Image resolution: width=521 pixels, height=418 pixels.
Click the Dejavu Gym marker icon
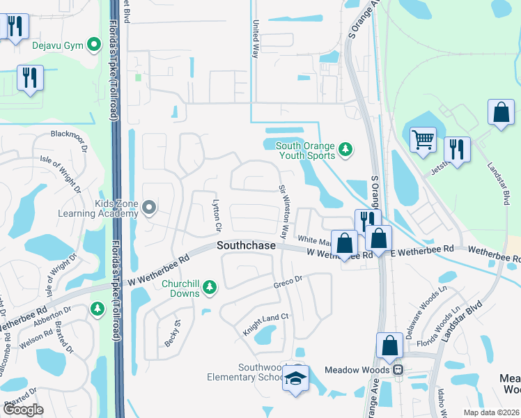tap(92, 46)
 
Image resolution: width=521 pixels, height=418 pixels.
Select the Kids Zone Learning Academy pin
tap(149, 207)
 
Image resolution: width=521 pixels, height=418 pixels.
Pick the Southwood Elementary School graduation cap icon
tap(296, 379)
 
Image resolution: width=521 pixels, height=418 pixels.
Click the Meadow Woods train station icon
tap(398, 370)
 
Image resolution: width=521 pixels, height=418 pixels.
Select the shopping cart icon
tap(423, 139)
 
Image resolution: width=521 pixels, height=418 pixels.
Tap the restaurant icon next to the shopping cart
tap(456, 149)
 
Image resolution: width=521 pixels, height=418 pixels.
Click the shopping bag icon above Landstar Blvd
tap(501, 112)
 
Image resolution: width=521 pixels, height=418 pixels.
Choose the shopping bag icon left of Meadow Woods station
tap(389, 346)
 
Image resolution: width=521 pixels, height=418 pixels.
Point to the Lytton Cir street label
tap(216, 216)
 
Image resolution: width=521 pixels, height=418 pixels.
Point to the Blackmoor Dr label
tap(68, 134)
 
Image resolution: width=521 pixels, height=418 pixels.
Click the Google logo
tap(23, 410)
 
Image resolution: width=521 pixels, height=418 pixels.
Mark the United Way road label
tap(255, 38)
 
